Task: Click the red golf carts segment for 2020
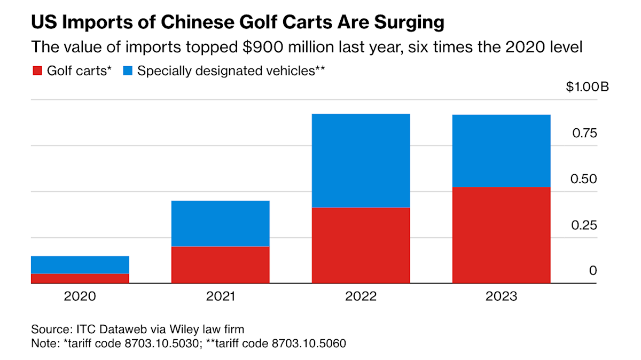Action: (x=80, y=278)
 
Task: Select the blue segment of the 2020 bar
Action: (x=80, y=265)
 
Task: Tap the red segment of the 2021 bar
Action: (x=220, y=265)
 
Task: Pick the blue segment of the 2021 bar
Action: (x=220, y=223)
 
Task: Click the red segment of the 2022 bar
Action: (x=361, y=245)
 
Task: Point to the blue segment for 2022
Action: (x=361, y=160)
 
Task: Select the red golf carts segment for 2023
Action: (x=501, y=235)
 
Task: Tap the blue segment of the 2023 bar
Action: (x=501, y=151)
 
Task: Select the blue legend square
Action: (x=128, y=71)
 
